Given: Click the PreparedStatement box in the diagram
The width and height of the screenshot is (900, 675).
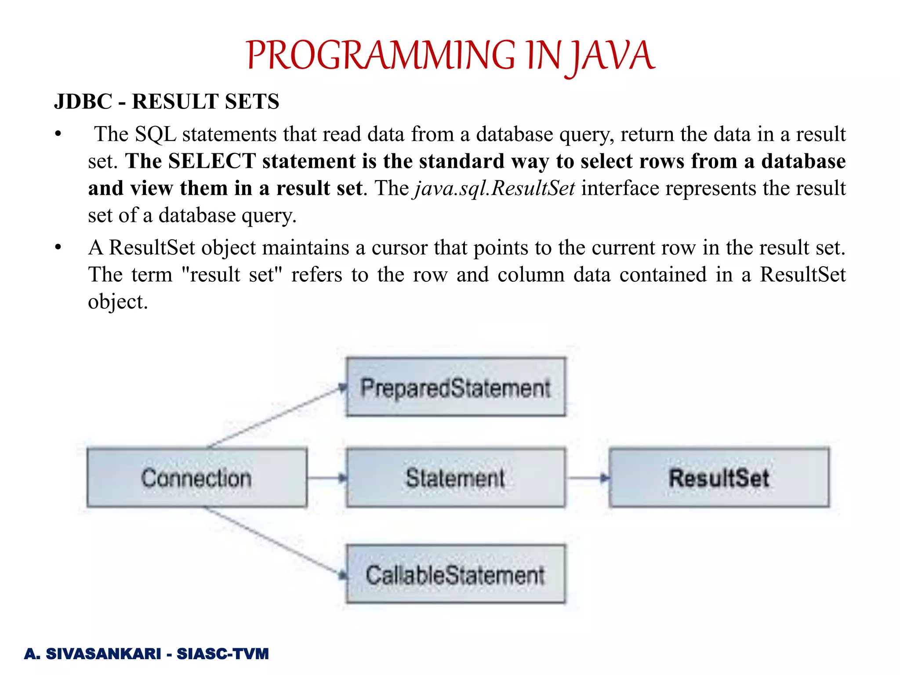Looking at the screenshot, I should click(456, 387).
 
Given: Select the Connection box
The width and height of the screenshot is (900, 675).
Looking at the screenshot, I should click(197, 478).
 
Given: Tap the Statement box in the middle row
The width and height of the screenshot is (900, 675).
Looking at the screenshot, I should click(456, 478).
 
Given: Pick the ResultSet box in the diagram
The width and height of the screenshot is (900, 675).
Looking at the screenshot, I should click(719, 478).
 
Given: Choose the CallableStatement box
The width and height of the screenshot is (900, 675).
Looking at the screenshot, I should click(456, 574).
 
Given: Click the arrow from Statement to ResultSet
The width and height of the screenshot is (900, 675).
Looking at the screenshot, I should click(587, 478).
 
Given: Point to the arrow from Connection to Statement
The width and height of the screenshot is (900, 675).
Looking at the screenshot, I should click(327, 478).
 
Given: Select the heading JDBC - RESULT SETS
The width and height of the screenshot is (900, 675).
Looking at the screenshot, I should click(167, 102).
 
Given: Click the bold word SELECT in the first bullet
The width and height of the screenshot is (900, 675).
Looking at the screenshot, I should click(212, 161).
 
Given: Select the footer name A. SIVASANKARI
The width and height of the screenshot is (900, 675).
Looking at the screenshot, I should click(93, 653).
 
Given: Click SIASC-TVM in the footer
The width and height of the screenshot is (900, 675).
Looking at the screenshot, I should click(222, 653).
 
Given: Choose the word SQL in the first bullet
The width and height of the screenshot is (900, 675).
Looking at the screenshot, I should click(156, 134).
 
